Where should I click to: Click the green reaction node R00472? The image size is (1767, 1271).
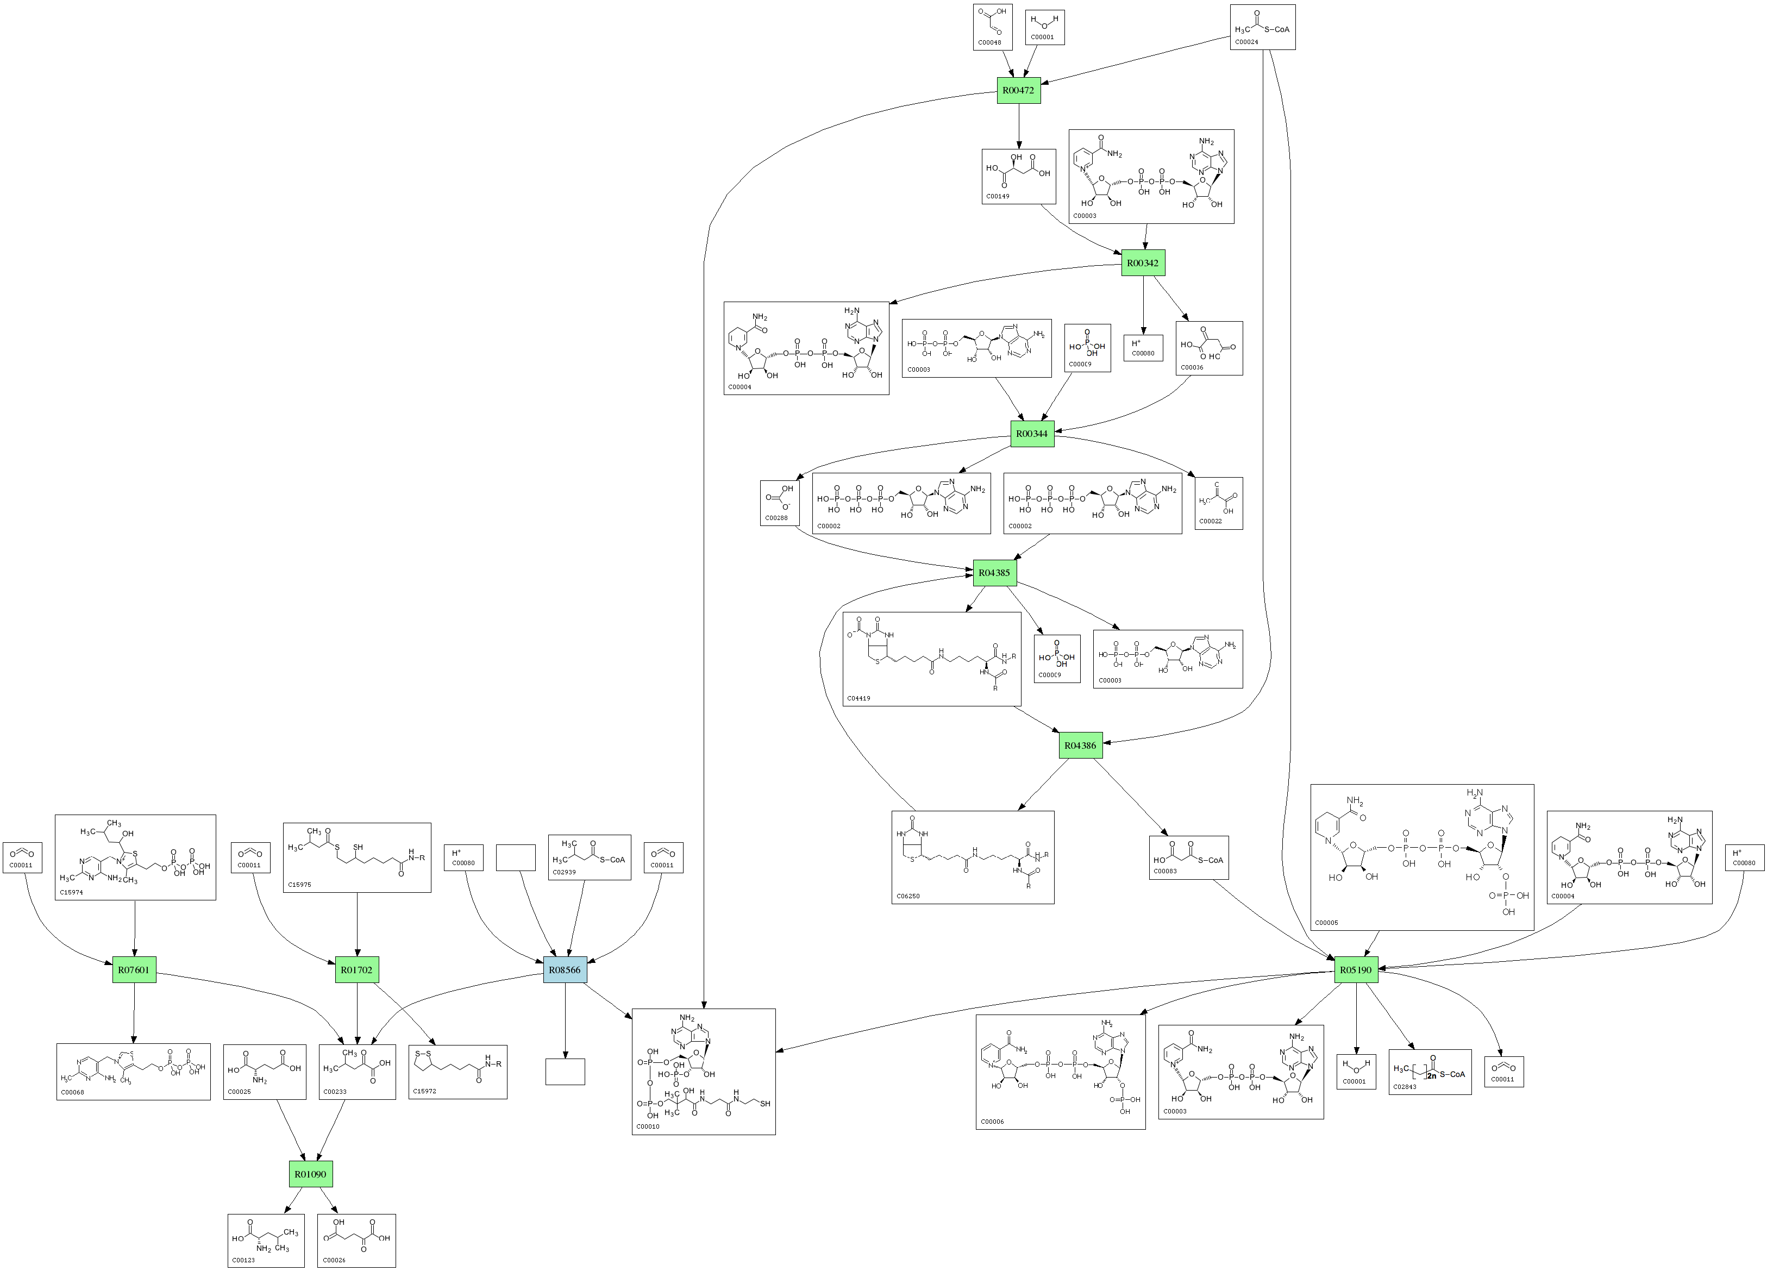point(1018,90)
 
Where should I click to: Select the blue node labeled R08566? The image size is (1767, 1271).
point(565,970)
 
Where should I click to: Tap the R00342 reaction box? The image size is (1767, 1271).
point(1143,264)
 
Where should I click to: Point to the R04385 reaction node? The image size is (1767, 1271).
point(994,573)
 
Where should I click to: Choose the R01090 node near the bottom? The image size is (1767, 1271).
point(310,1174)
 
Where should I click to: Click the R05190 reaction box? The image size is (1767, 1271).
point(1356,970)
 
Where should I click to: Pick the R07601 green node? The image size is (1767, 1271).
point(134,970)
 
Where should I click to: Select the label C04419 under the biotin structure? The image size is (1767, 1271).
point(859,698)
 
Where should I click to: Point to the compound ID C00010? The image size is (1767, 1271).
point(648,1126)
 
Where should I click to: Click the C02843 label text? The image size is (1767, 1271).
point(1405,1086)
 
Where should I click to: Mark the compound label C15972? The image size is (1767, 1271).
point(424,1091)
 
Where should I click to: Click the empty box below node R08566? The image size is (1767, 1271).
point(565,1072)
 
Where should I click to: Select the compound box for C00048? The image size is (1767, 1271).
point(993,27)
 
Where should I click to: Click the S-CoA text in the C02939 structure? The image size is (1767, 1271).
point(612,860)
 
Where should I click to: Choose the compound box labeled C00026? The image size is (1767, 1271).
point(357,1241)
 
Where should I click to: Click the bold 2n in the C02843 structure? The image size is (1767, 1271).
point(1432,1075)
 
